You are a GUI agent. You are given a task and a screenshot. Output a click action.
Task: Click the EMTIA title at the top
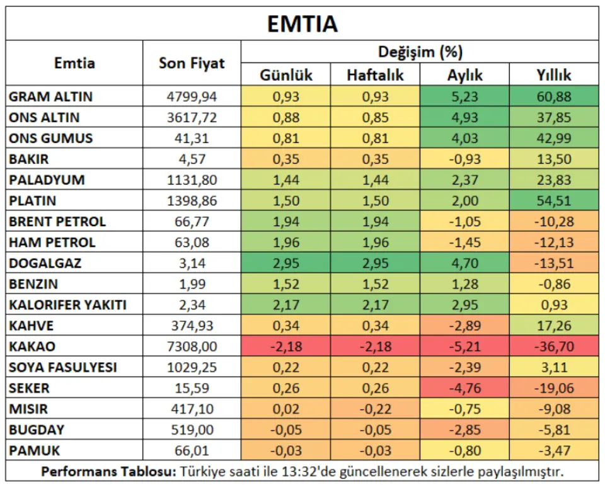302,24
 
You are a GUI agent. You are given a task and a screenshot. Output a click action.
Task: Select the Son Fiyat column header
192,63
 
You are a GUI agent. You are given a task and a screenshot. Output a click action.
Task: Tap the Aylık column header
464,75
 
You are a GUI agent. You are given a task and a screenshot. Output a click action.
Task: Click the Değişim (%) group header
420,52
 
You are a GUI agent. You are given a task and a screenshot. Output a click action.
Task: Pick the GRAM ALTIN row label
50,96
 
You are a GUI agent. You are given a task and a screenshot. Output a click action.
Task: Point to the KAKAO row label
32,346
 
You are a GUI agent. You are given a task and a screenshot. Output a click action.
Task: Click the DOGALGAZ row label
45,263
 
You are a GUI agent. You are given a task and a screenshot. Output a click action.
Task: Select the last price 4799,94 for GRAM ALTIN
192,96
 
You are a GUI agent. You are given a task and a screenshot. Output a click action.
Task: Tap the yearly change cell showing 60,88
554,96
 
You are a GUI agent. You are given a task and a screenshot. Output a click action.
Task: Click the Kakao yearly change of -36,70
554,346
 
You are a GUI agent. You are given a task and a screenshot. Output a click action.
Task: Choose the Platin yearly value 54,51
554,200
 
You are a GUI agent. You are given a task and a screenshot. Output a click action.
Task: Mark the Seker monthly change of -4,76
464,388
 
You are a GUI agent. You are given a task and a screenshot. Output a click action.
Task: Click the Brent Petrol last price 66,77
192,221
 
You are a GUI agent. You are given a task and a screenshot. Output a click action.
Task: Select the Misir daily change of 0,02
286,409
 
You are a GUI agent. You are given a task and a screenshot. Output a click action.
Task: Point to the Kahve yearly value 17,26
554,326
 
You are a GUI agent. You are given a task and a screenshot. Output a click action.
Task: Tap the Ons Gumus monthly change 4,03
464,138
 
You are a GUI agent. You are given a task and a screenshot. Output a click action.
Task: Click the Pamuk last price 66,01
192,450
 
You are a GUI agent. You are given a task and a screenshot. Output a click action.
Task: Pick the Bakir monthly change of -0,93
464,159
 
